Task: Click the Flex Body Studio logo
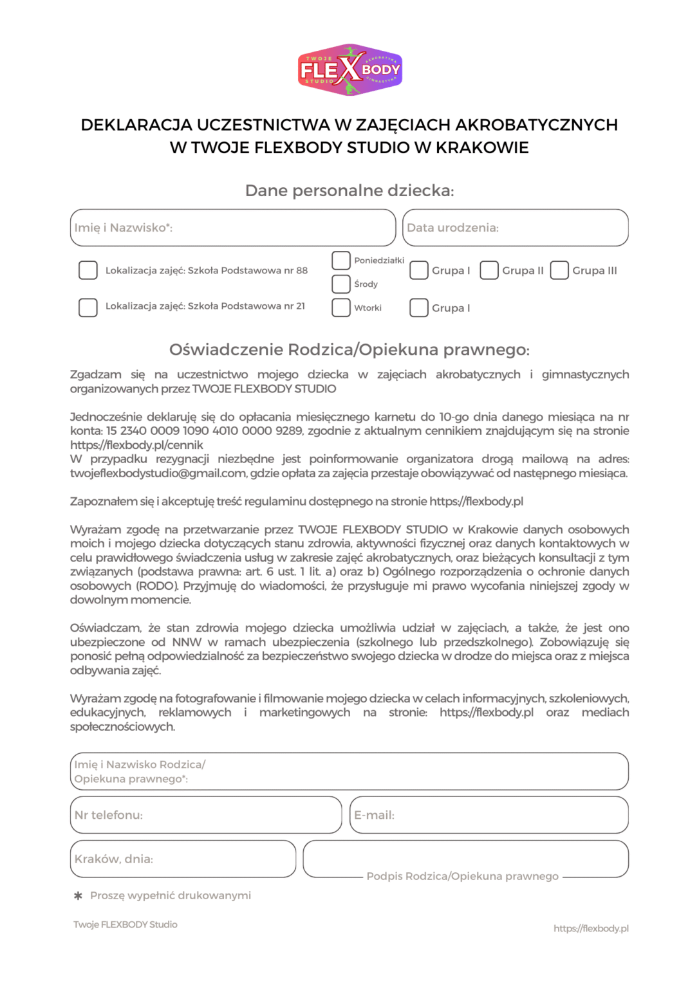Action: [x=349, y=70]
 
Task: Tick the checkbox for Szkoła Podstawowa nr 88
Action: [x=88, y=270]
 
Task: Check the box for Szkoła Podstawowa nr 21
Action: [x=88, y=307]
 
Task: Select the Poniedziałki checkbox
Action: [x=341, y=261]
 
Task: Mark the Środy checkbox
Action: [x=341, y=284]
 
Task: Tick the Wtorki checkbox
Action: [x=341, y=307]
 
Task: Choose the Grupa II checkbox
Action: [x=489, y=270]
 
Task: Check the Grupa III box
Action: [x=559, y=270]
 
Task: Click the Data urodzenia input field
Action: [x=515, y=228]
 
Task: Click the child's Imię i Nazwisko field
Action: [x=232, y=228]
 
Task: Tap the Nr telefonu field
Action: [x=206, y=815]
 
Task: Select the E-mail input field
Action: [x=489, y=815]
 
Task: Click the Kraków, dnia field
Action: [x=183, y=859]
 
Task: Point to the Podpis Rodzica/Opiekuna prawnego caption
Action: [x=462, y=876]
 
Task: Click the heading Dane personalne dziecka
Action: [x=349, y=190]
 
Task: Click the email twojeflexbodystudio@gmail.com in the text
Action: [x=158, y=473]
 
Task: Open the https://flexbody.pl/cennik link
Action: [x=136, y=445]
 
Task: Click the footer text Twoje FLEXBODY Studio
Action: [x=126, y=924]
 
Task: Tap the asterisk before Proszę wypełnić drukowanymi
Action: [x=79, y=895]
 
